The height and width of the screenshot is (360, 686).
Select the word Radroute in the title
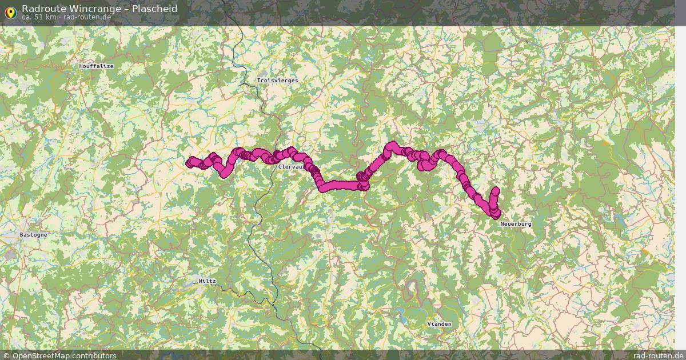(x=43, y=9)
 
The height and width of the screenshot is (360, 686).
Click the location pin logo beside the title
(x=10, y=12)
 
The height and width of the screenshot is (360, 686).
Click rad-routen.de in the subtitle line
(x=87, y=17)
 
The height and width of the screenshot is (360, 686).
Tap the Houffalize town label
(x=97, y=66)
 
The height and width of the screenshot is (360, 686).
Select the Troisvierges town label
(x=277, y=81)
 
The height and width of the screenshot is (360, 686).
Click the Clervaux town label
(x=290, y=167)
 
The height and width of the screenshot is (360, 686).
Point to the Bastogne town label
(x=33, y=235)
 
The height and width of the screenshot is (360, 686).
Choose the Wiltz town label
(x=207, y=281)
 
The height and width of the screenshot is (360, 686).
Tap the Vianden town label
(x=439, y=324)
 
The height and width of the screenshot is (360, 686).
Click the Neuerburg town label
(x=516, y=224)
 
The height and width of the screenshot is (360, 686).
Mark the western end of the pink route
(x=190, y=163)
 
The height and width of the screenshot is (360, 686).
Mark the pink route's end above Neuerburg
(x=495, y=191)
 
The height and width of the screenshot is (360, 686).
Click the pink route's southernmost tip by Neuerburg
(x=495, y=215)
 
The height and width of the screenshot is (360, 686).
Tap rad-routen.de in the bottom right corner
(x=657, y=355)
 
